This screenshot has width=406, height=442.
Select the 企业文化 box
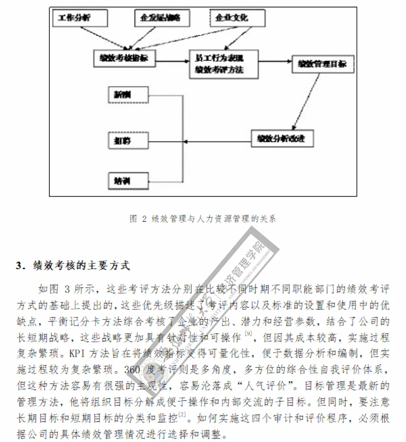237,18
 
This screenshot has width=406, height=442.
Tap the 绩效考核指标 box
124,58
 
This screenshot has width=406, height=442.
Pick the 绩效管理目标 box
323,64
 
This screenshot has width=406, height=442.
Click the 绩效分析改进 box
282,139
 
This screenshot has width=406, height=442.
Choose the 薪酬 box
128,95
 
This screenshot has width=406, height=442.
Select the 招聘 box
128,140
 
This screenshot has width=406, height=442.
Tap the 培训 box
128,181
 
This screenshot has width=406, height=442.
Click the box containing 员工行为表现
223,64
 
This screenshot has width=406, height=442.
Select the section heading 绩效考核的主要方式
81,265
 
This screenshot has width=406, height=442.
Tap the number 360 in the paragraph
132,369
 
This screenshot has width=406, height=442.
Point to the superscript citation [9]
249,334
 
